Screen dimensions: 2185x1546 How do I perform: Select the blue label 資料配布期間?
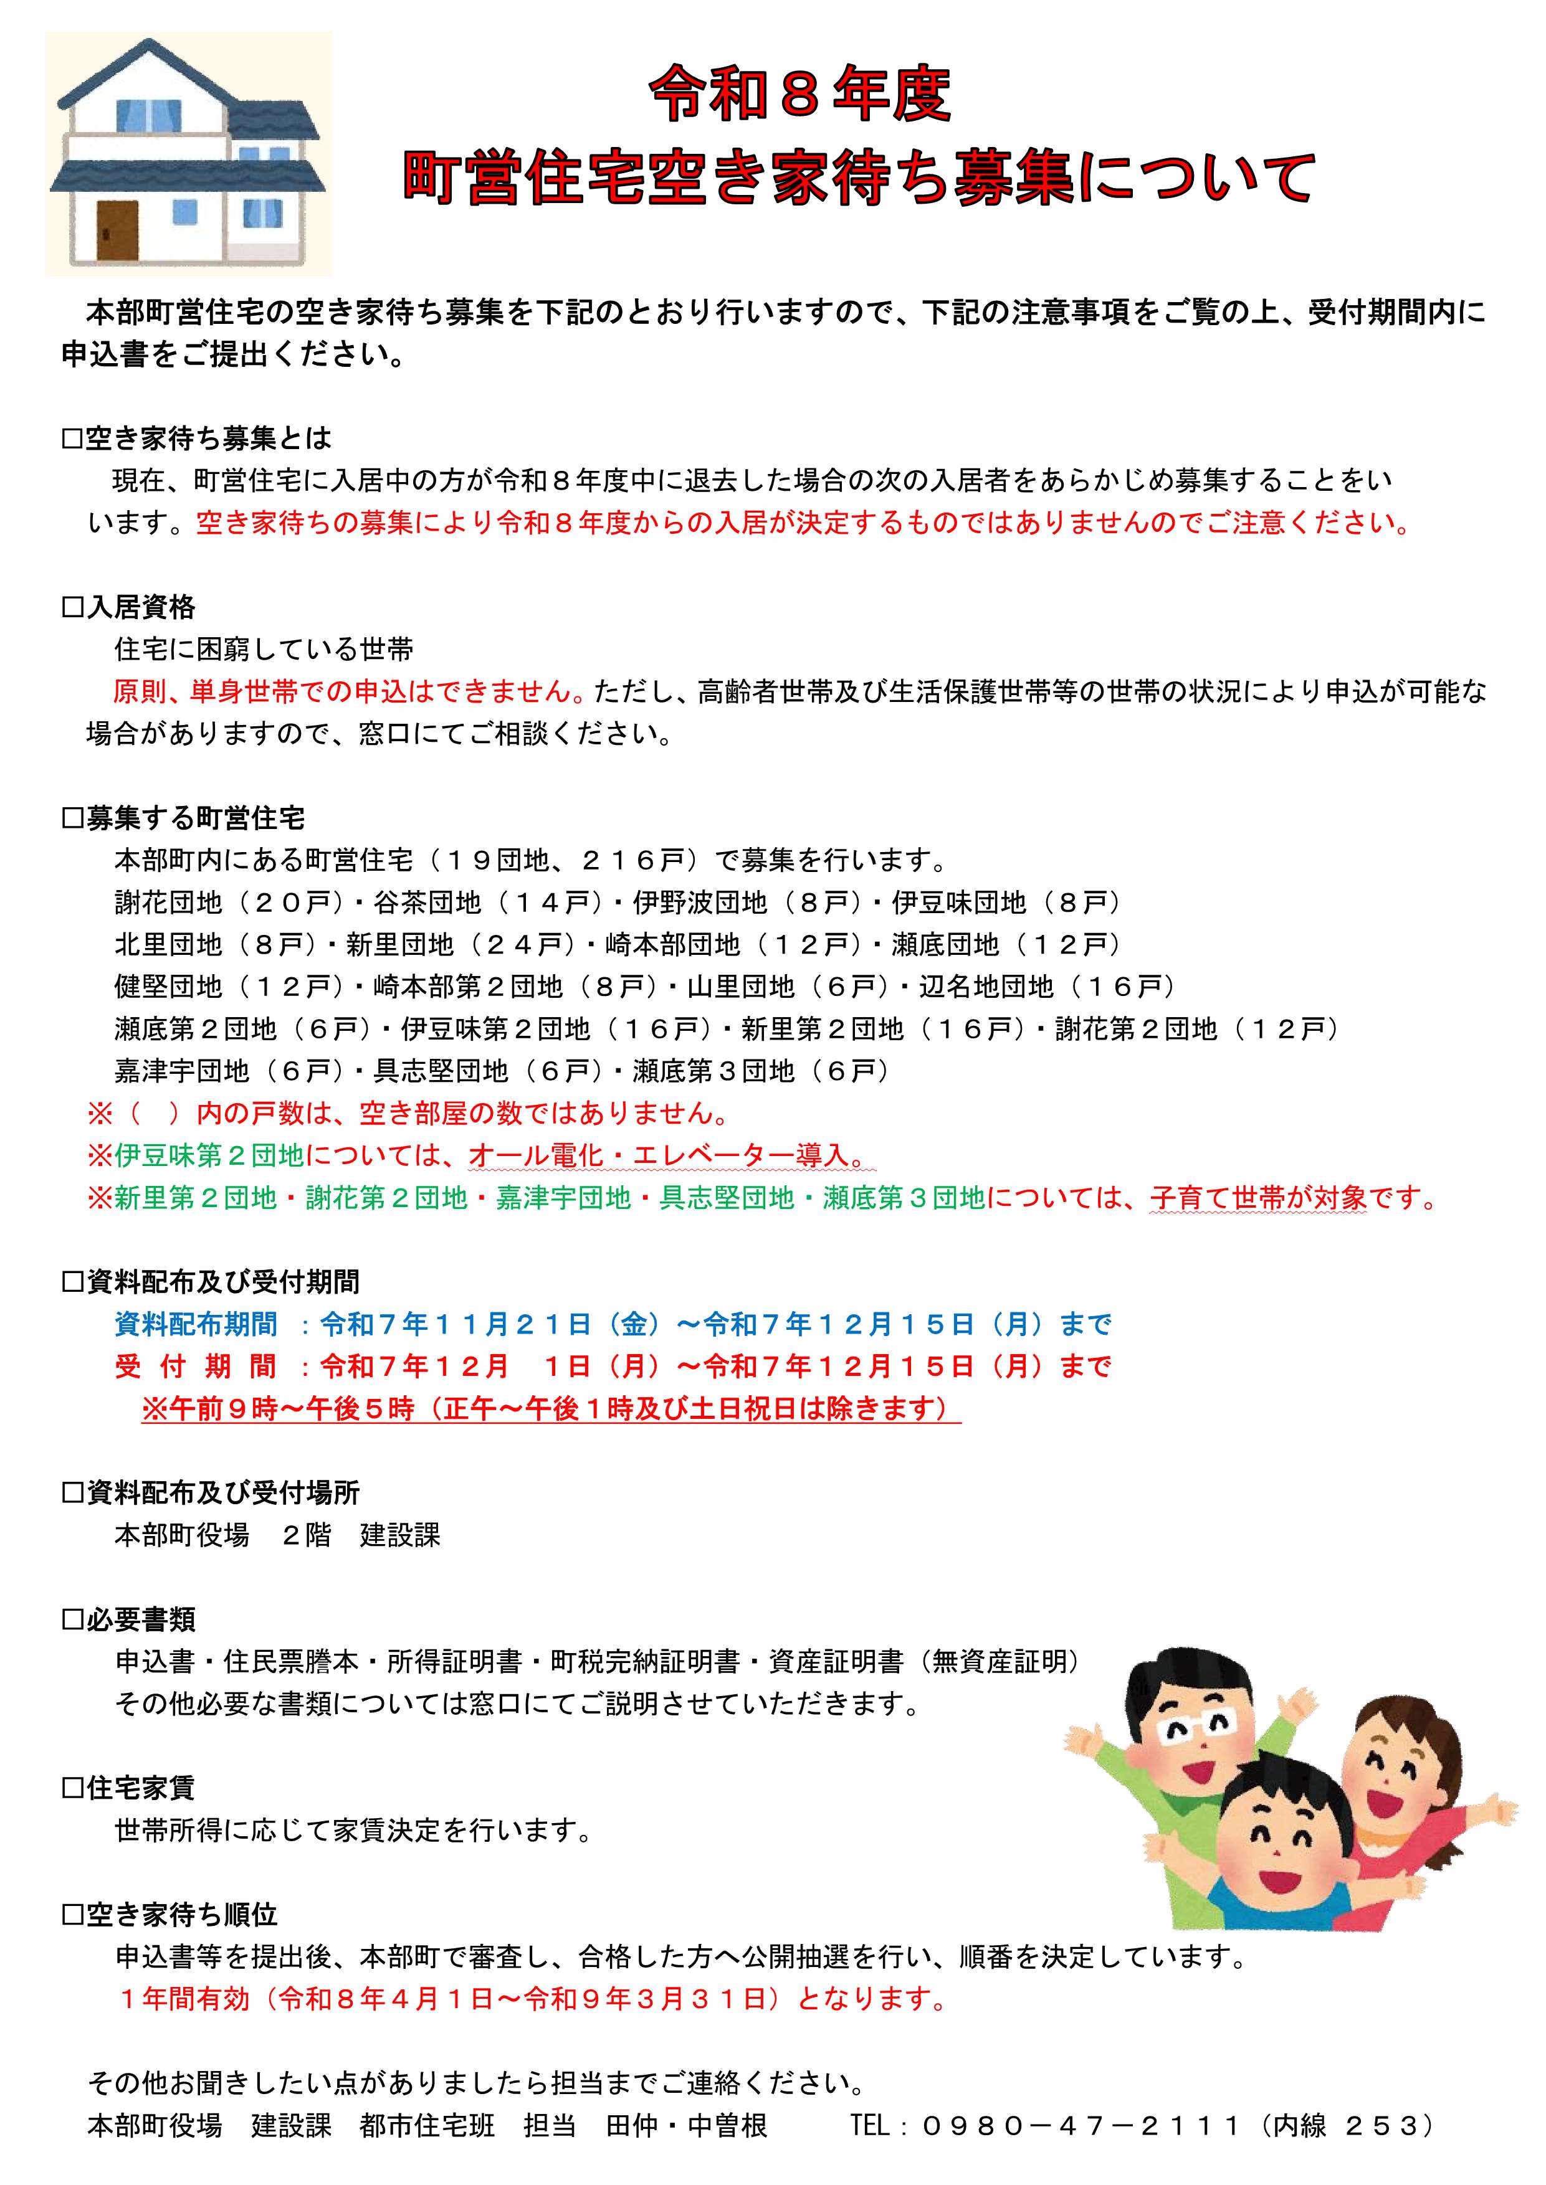tap(196, 1324)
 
